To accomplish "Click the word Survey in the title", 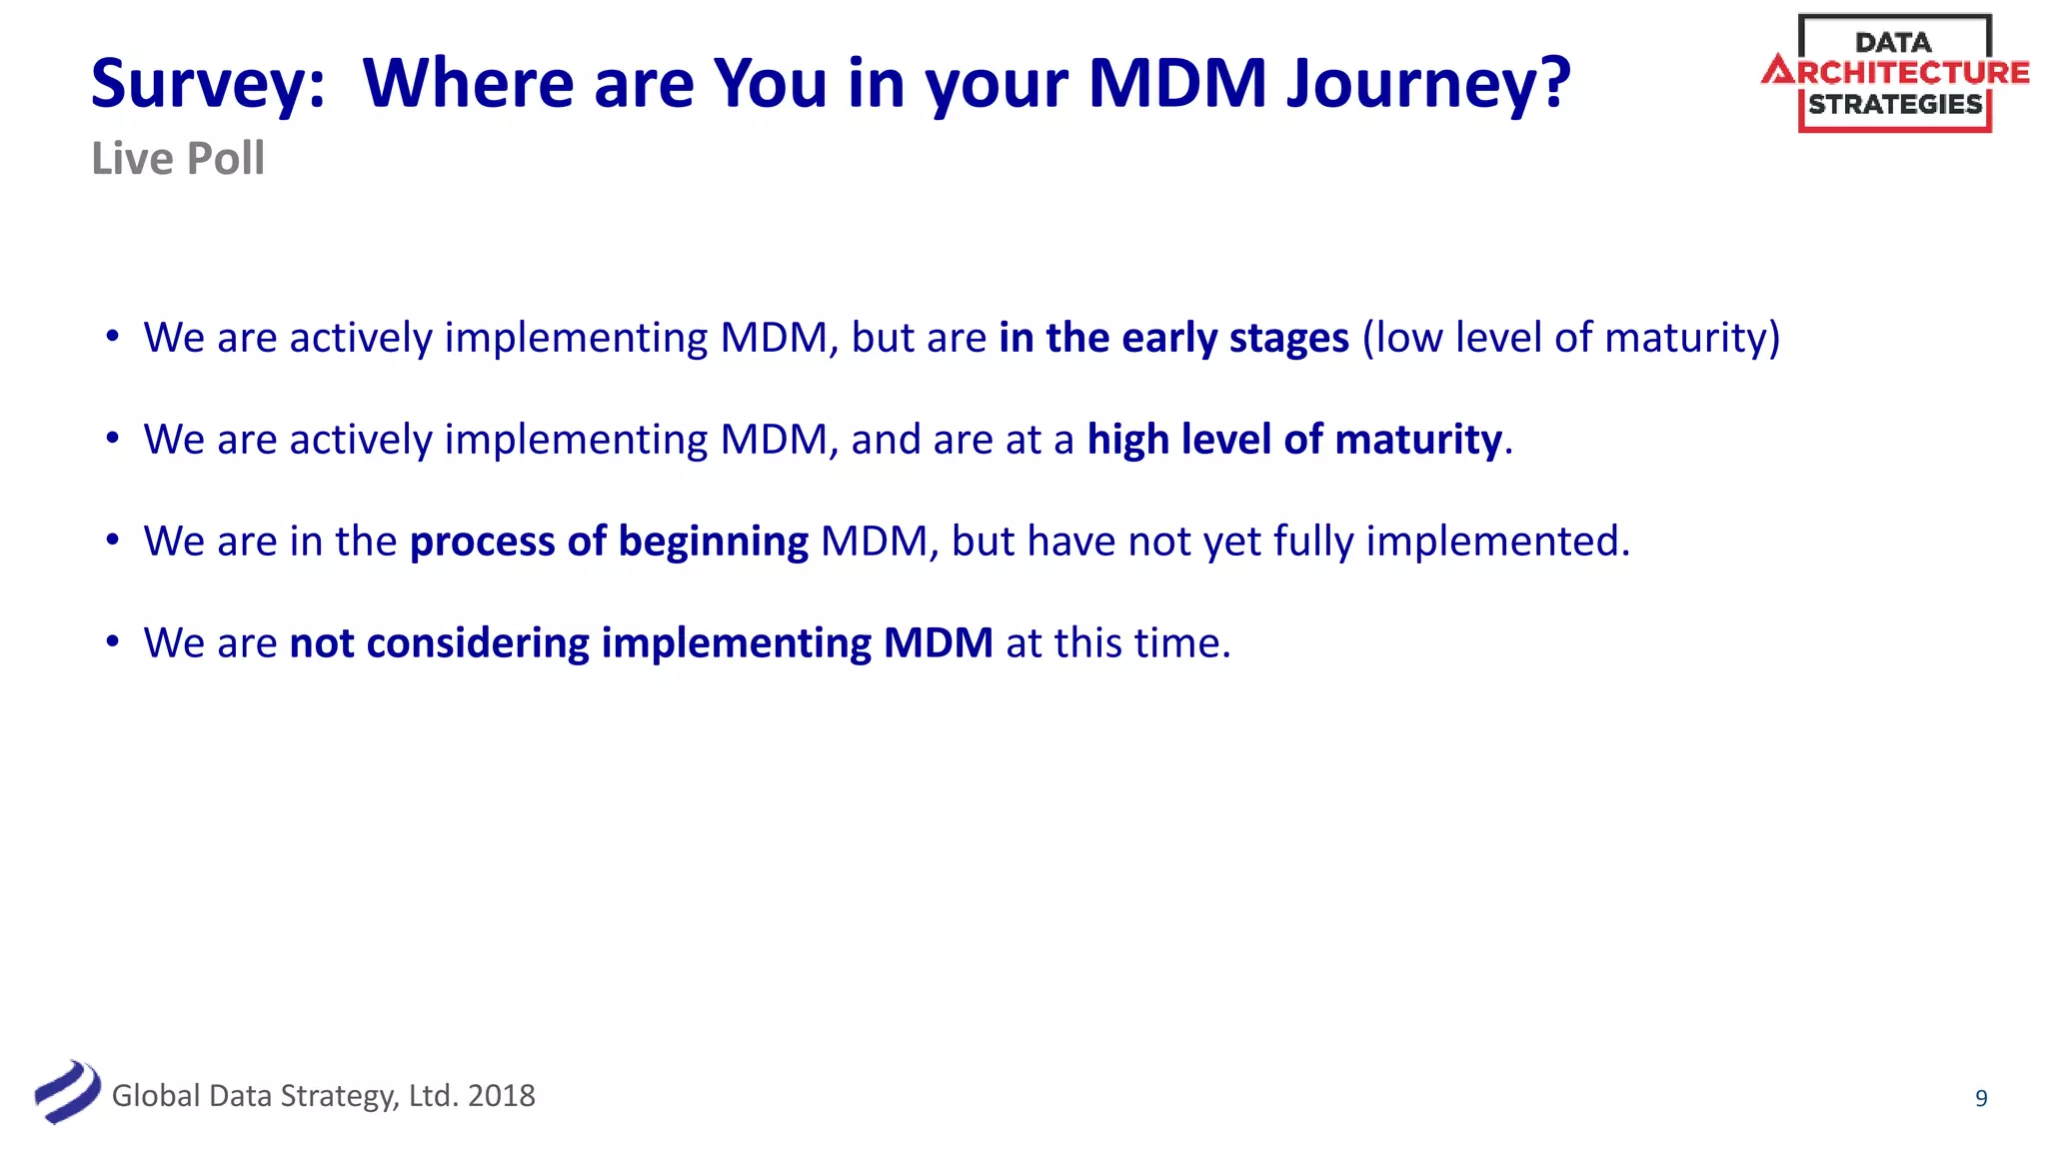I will pos(207,84).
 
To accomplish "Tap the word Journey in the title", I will pos(1427,84).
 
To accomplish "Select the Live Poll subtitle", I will pos(178,159).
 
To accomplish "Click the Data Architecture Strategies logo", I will pos(1894,73).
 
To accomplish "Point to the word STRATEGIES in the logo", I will pos(1894,104).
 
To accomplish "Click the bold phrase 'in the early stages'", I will pos(1173,338).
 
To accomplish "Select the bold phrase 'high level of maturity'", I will pos(1294,440).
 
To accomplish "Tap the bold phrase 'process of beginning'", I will pos(609,542).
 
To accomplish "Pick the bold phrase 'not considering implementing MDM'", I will pos(641,643).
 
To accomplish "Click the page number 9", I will pos(1980,1098).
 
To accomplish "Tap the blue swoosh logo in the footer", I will pos(67,1092).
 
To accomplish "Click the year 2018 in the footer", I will pos(502,1096).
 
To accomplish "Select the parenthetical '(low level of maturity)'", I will pos(1570,338).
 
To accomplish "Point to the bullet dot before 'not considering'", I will pos(113,641).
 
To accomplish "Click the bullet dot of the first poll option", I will pos(113,336).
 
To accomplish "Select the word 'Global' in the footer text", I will pos(156,1096).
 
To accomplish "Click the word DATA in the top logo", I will pos(1892,43).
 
